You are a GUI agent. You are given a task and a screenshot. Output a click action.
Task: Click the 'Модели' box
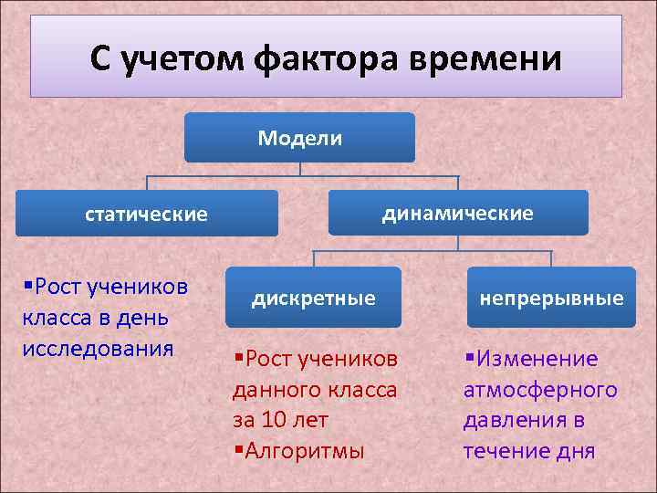(299, 138)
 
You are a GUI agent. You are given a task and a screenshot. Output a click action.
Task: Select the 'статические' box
(146, 214)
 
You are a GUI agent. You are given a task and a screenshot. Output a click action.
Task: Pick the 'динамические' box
(457, 213)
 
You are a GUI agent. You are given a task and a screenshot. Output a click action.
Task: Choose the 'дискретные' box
(313, 298)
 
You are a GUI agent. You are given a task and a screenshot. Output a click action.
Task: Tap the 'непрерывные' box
(552, 298)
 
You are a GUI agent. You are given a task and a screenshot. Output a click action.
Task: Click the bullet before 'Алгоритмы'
(237, 450)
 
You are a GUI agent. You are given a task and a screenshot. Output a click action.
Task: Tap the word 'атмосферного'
(540, 390)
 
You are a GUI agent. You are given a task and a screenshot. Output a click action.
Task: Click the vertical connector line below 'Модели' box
(299, 169)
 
